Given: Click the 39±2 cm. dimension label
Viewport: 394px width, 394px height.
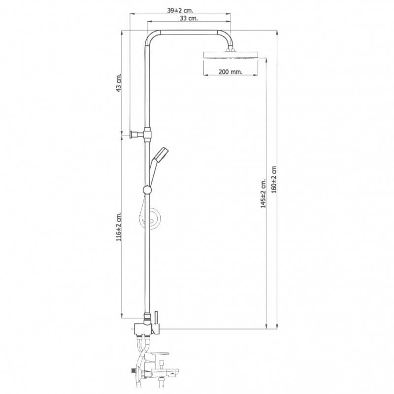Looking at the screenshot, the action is (180, 10).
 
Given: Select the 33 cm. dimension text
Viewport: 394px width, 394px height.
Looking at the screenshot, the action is (189, 18).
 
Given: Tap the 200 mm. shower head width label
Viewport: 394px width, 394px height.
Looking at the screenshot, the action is (230, 72).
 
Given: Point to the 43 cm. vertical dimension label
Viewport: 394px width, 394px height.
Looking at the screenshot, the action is (119, 83).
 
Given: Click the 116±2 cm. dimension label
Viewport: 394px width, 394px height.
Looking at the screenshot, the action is (119, 227).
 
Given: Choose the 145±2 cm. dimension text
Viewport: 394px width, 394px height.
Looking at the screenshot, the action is (263, 194).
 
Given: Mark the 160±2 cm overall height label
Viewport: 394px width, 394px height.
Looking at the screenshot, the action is (274, 179).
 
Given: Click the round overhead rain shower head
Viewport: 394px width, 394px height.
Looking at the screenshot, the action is (230, 55).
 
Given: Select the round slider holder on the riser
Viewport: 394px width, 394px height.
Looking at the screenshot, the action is (147, 190).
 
